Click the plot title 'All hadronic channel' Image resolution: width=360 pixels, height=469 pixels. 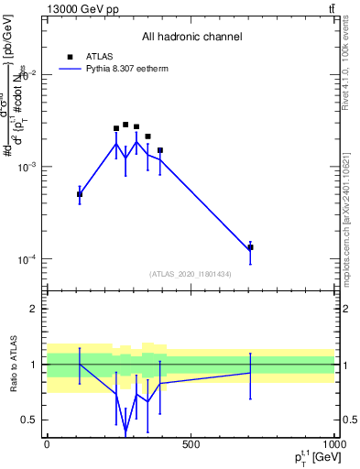191,37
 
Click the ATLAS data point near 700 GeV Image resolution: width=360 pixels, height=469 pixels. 250,247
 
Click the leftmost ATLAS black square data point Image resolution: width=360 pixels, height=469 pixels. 80,194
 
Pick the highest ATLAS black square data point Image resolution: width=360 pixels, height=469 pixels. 125,125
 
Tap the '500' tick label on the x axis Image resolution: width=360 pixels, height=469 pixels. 191,444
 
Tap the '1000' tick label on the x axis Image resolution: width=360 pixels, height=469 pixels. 333,444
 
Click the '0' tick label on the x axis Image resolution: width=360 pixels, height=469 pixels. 47,444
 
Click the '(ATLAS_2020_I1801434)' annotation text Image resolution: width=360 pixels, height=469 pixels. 191,274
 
